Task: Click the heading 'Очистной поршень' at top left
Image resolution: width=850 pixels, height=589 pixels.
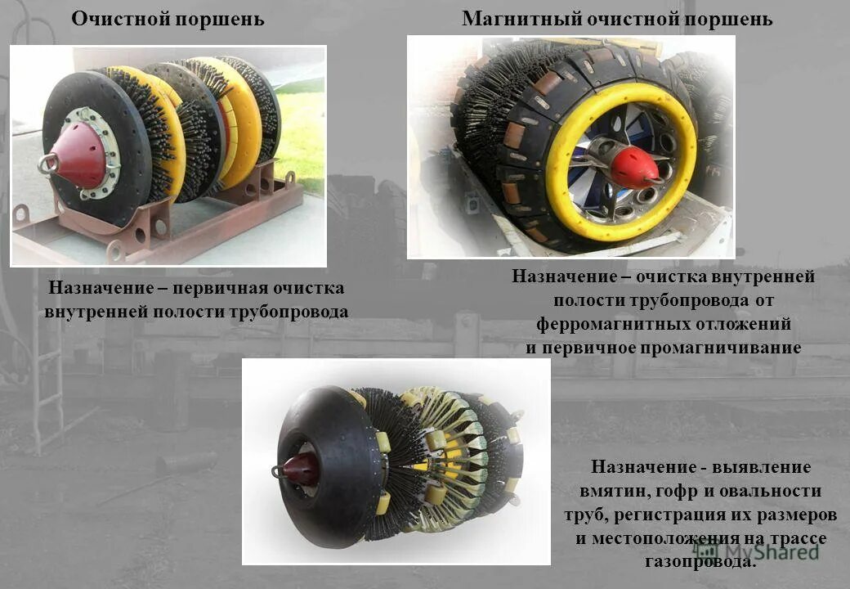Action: (x=168, y=19)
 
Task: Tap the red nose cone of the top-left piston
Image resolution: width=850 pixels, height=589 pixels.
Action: (x=79, y=155)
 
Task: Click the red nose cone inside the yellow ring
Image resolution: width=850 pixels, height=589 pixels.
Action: (x=634, y=168)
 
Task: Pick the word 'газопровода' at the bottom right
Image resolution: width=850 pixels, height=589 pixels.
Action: (x=700, y=563)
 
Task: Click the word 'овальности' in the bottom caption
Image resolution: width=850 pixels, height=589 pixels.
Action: (x=776, y=492)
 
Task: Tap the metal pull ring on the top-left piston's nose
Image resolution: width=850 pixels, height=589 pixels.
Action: (x=48, y=164)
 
